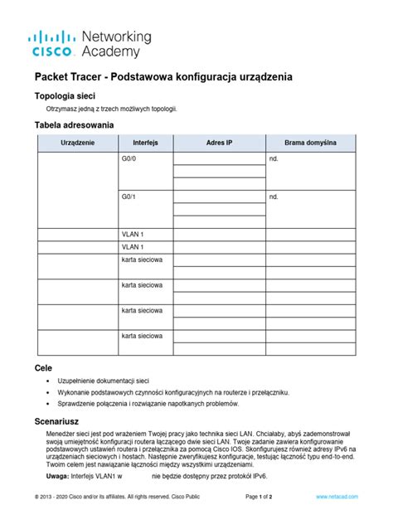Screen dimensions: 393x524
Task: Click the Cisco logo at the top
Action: (55, 44)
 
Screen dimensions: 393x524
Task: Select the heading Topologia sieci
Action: (64, 95)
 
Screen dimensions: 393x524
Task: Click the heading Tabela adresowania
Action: (74, 125)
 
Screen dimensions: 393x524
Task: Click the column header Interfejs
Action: (145, 143)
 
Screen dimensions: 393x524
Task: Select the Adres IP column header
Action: (218, 143)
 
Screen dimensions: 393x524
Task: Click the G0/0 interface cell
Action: (129, 158)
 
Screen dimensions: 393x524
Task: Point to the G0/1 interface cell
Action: (129, 197)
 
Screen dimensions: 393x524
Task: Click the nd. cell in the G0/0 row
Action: (274, 158)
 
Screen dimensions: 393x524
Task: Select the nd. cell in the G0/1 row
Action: (274, 197)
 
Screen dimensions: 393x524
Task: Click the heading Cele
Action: (43, 366)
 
